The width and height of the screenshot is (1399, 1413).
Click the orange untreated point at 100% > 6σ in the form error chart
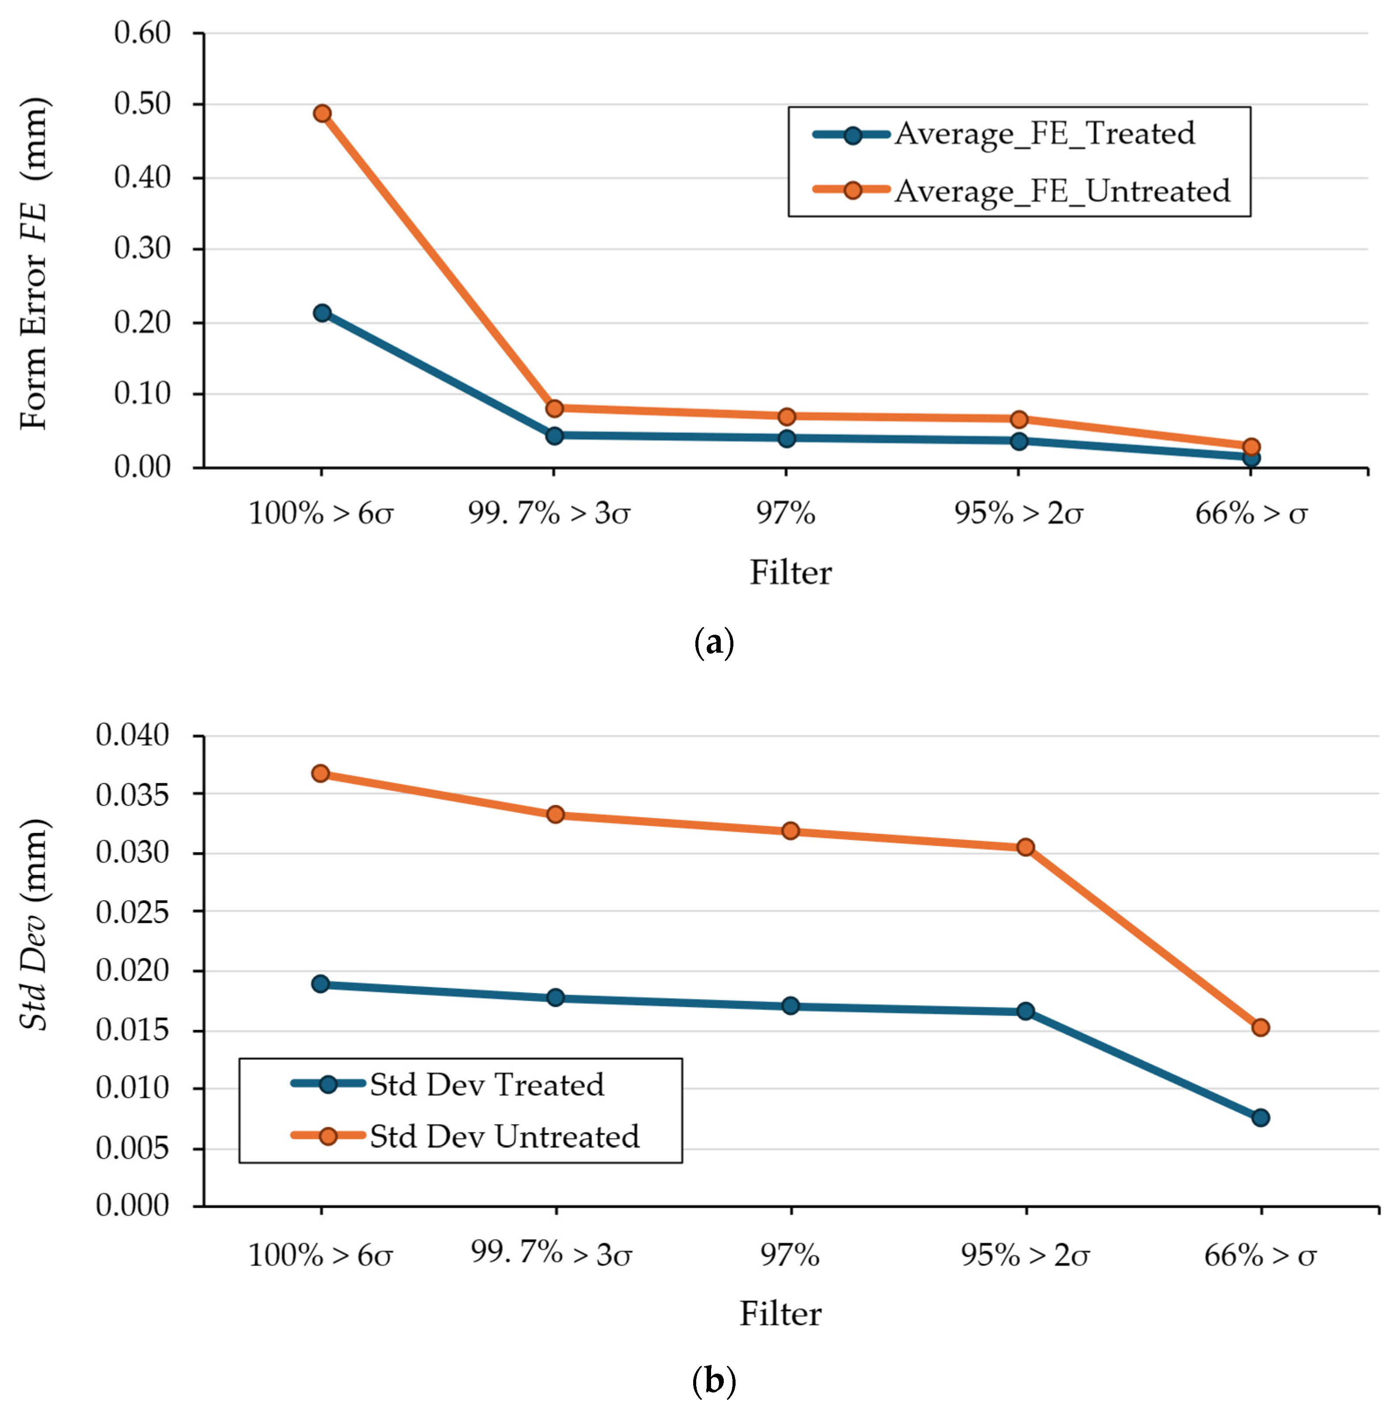[x=322, y=113]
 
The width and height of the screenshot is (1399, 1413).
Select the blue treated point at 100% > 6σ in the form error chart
[x=322, y=313]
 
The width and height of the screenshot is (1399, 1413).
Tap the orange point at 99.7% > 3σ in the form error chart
[x=555, y=408]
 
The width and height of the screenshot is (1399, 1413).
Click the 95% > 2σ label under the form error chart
[x=1019, y=514]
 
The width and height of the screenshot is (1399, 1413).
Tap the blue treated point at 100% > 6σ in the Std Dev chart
[x=320, y=984]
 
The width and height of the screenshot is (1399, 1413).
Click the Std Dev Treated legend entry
[x=447, y=1084]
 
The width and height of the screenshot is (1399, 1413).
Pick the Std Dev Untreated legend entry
[x=465, y=1136]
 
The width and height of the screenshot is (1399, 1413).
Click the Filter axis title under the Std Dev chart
[x=780, y=1314]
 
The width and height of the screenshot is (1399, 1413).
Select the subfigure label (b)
[x=713, y=1381]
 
